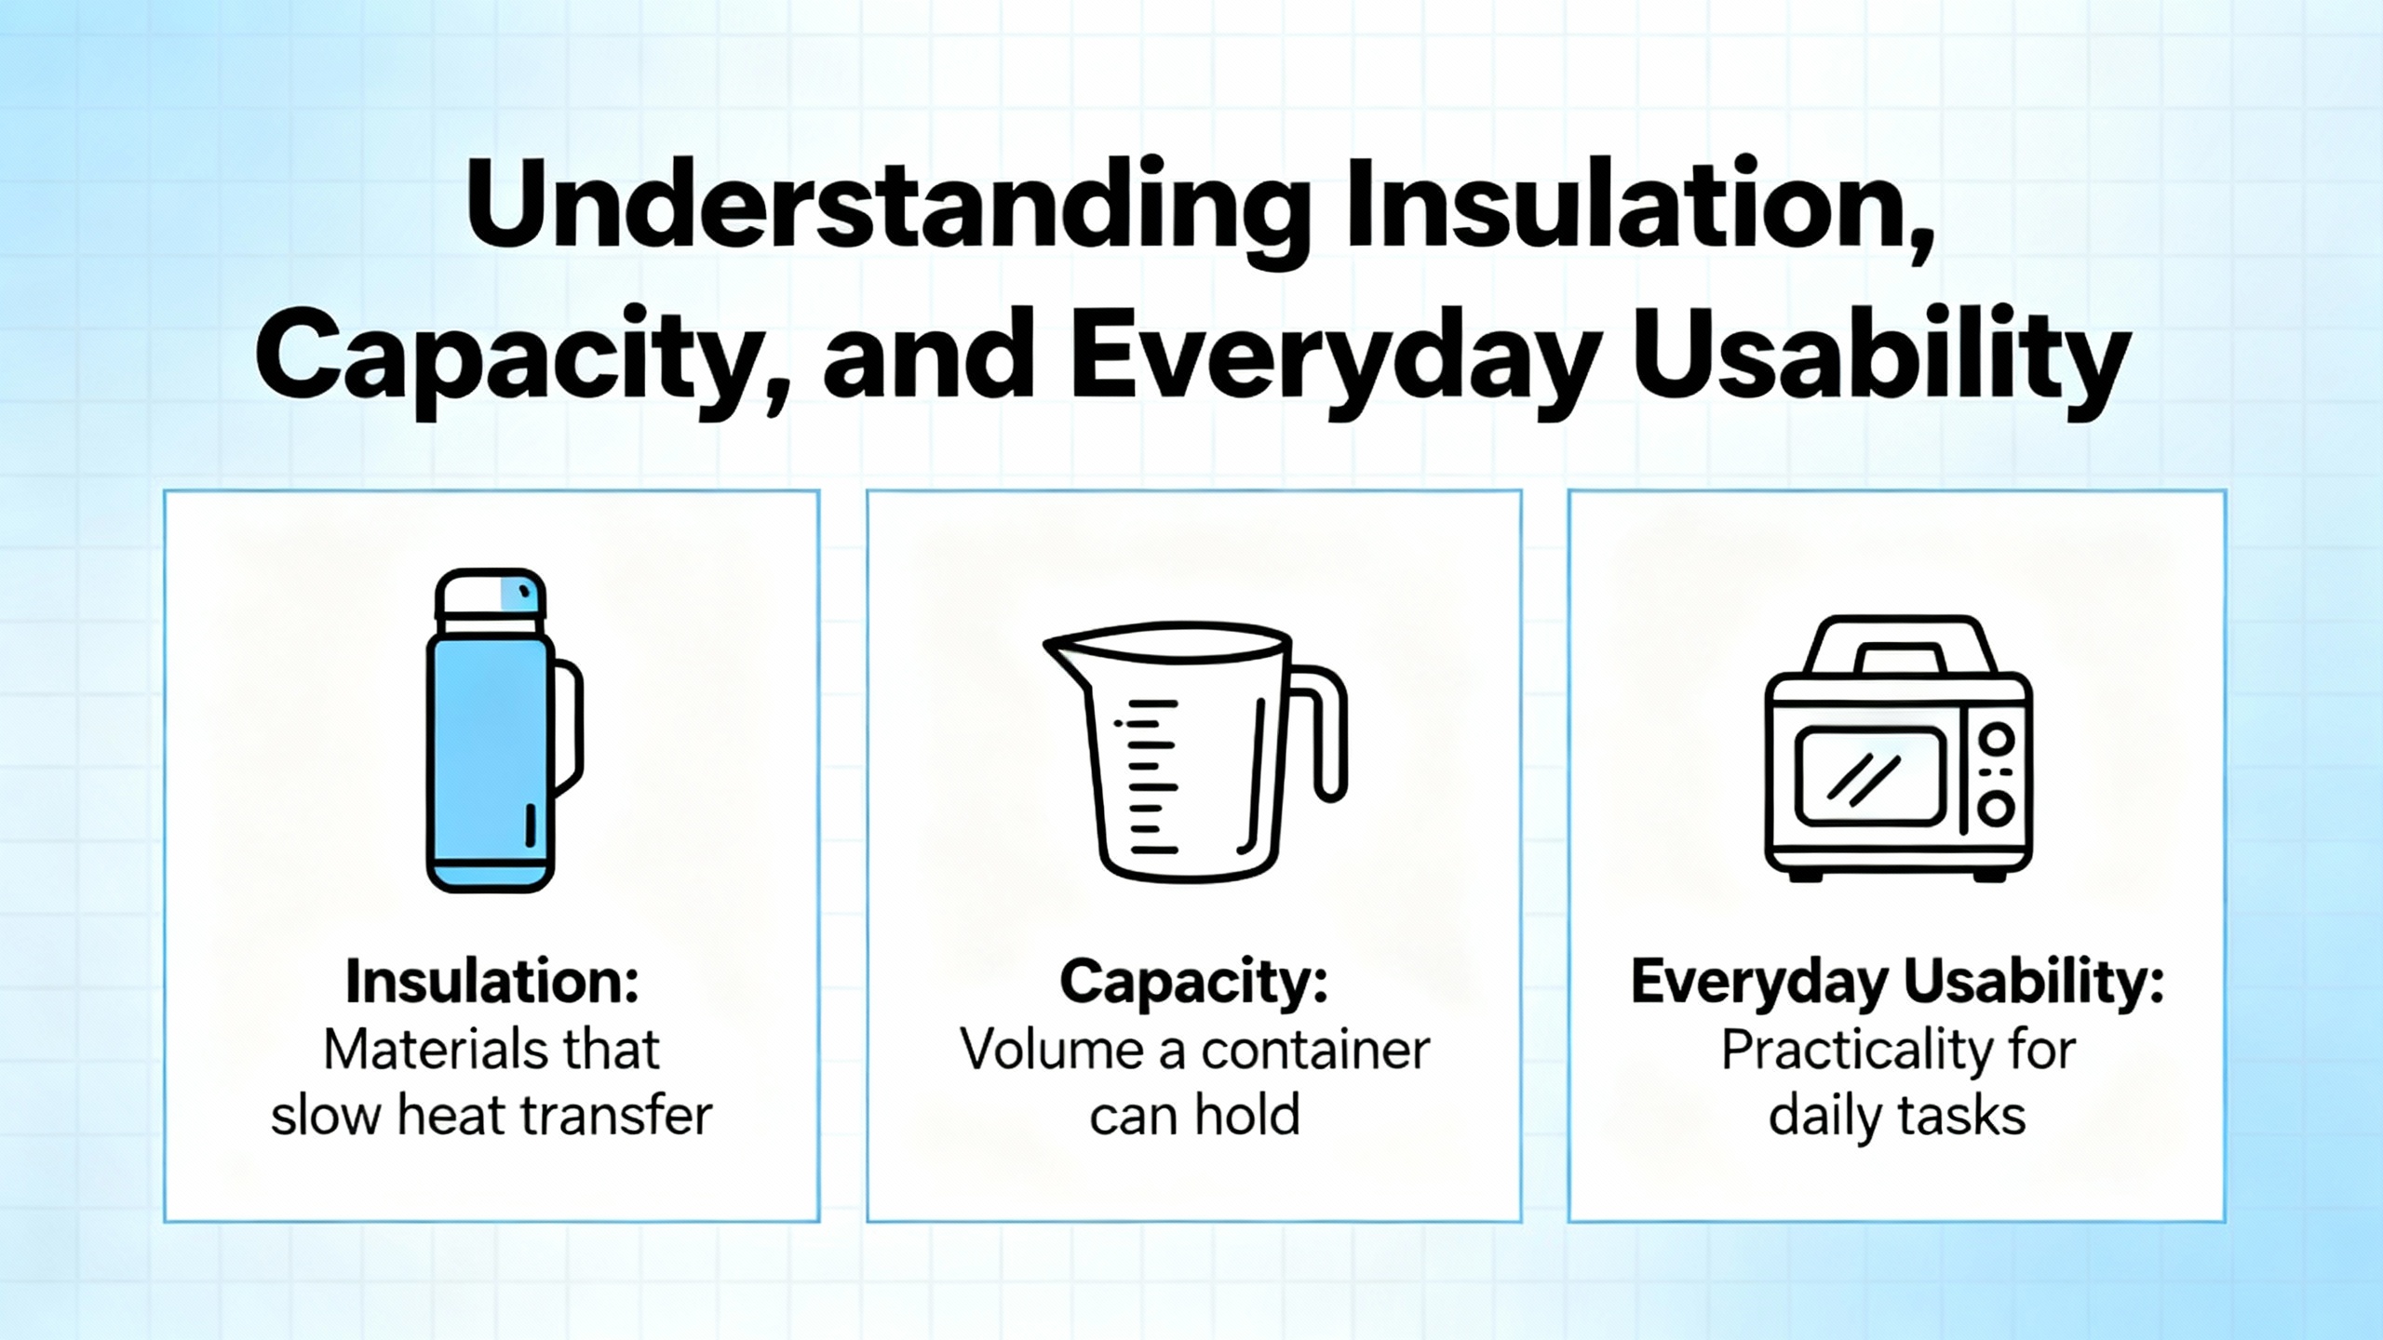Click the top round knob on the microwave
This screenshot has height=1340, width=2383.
click(1996, 740)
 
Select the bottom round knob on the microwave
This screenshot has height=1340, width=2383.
click(1996, 808)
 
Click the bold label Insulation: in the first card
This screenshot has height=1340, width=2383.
click(492, 982)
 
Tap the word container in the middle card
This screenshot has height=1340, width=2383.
click(1315, 1051)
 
